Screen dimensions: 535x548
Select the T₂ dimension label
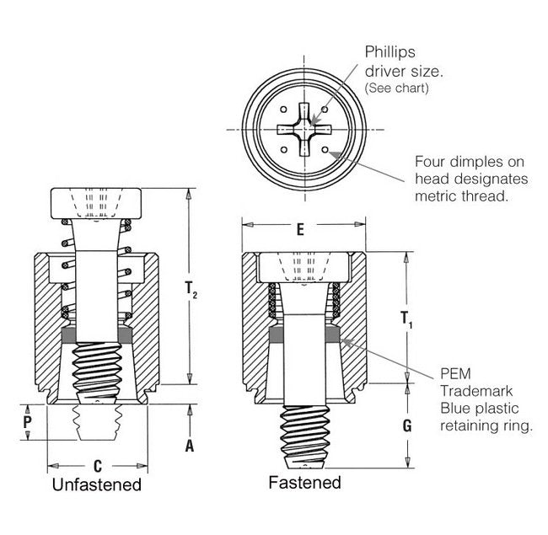point(191,292)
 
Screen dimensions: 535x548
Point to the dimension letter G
point(407,425)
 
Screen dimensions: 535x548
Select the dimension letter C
point(98,466)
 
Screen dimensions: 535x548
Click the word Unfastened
point(97,485)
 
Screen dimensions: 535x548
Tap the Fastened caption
point(304,483)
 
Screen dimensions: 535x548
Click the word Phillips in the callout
point(388,52)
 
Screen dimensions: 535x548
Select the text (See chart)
point(395,88)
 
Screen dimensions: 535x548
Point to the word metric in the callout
point(437,195)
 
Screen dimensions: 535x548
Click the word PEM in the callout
point(456,374)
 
